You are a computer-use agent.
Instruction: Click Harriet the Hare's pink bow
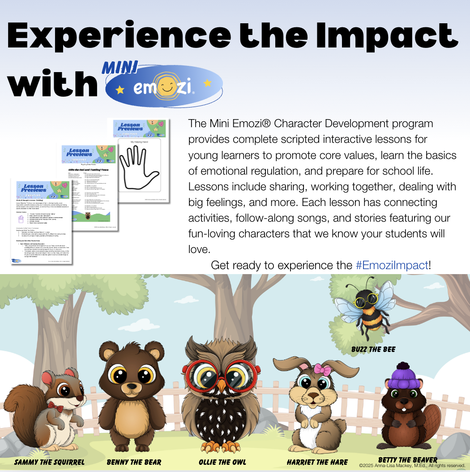[322, 370]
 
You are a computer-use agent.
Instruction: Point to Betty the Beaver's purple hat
[402, 375]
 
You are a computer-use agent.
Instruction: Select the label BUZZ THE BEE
[373, 349]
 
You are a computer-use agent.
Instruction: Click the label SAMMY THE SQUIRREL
[49, 462]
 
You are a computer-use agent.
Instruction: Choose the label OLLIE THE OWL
[222, 462]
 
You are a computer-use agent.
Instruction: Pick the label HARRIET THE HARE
[317, 462]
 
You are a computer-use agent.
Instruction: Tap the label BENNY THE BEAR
[134, 462]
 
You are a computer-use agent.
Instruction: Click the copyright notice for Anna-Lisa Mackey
[412, 466]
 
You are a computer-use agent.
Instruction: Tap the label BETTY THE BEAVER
[407, 459]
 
